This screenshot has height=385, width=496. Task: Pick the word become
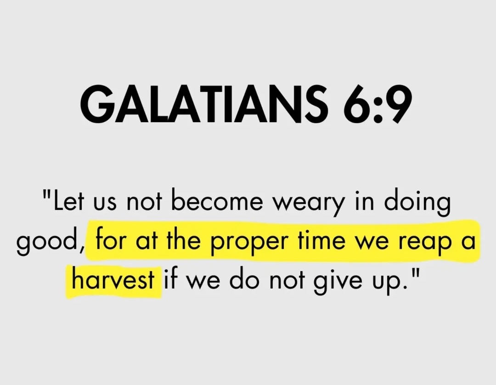(x=229, y=202)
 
